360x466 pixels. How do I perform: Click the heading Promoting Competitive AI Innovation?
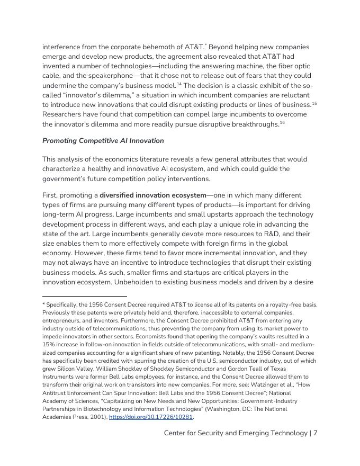coord(103,141)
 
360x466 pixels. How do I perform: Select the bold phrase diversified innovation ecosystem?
coord(152,195)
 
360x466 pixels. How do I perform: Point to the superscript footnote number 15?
coord(314,103)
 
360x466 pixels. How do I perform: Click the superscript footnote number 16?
coord(282,122)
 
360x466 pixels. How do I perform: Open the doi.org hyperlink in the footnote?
coord(166,417)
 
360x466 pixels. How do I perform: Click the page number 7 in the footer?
coord(316,433)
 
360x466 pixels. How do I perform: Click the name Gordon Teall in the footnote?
coord(252,369)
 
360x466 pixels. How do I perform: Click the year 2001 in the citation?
coord(91,417)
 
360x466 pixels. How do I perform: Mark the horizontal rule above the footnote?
coord(85,296)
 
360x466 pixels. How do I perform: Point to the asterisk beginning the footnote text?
coord(43,304)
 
